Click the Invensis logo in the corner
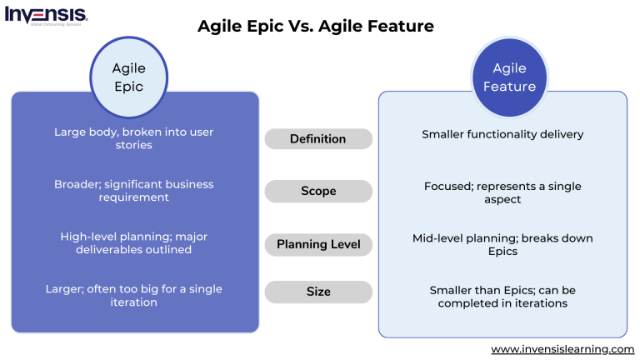point(46,16)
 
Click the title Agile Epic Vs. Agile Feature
point(315,26)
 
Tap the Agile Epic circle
point(128,77)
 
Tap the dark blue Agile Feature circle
point(508,77)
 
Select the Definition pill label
point(317,139)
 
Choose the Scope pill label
point(317,192)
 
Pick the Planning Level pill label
point(317,245)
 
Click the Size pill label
point(317,292)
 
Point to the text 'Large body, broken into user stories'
point(133,138)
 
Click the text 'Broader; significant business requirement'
point(133,191)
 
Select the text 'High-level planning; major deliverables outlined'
point(133,243)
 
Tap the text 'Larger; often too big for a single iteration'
point(133,296)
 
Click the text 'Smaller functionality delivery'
point(502,134)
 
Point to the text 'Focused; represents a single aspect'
point(502,192)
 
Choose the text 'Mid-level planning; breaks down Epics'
point(502,245)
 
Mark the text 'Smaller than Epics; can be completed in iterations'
point(502,297)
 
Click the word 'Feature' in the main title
point(402,26)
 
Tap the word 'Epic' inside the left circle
point(128,87)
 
